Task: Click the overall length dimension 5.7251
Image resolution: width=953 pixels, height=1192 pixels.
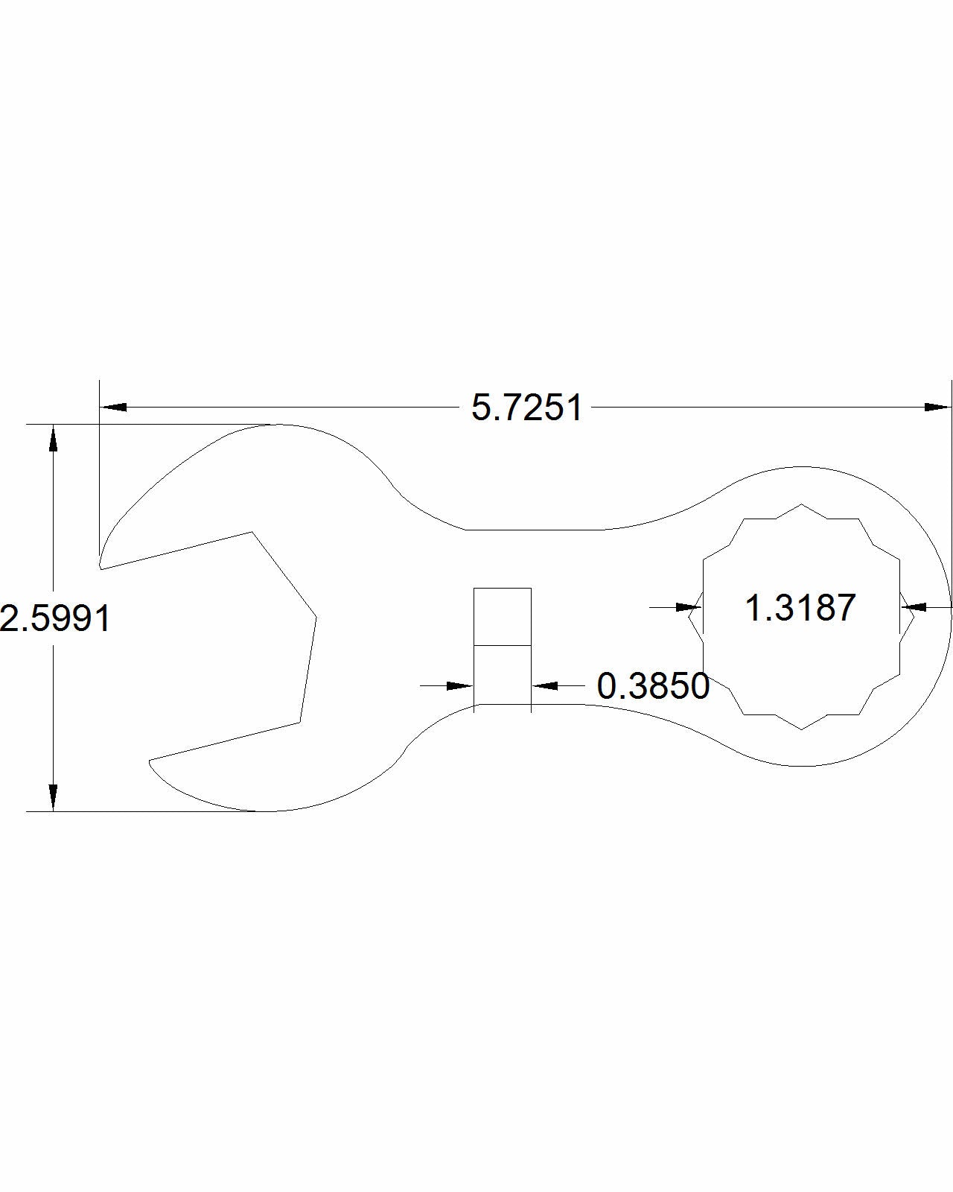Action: coord(527,408)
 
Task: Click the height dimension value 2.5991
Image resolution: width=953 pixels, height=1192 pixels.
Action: coord(55,618)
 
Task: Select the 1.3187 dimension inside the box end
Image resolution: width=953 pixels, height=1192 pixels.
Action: coord(800,607)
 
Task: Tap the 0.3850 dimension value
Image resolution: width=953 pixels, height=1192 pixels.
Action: coord(653,686)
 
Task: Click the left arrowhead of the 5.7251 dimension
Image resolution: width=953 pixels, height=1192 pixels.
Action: coord(113,408)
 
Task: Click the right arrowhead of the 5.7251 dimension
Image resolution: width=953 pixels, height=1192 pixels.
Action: coord(937,408)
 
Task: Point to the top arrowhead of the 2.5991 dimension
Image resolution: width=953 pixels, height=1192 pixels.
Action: coord(53,439)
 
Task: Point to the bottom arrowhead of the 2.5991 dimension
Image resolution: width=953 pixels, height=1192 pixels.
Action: coord(53,796)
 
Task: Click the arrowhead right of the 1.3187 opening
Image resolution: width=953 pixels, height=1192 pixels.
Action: coord(914,607)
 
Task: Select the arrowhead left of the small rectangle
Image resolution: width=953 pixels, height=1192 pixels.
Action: coord(460,685)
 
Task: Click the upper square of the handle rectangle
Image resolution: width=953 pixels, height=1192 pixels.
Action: coord(503,616)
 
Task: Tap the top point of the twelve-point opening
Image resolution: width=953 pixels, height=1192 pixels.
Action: coord(802,504)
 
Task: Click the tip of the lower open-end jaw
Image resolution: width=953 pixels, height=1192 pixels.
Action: coord(150,761)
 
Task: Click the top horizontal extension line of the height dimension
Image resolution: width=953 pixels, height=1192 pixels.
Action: coord(149,424)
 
